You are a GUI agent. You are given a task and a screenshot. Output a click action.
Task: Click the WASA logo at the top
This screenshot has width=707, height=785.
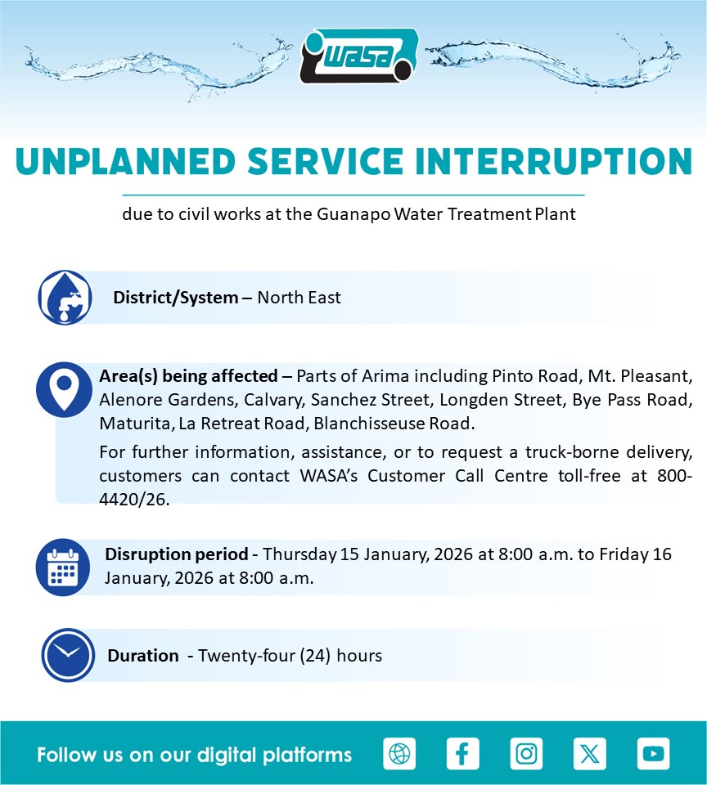click(x=358, y=56)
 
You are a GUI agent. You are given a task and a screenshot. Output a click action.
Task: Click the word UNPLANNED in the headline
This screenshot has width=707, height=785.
click(x=126, y=162)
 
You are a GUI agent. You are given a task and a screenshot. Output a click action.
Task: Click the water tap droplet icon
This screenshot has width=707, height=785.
click(x=65, y=298)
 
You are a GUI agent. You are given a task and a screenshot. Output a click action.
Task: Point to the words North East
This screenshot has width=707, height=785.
click(x=299, y=298)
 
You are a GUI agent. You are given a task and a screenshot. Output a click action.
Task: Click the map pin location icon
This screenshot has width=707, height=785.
click(x=64, y=389)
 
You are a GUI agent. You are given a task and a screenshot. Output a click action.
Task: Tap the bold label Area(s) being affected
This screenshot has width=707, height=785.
click(x=188, y=376)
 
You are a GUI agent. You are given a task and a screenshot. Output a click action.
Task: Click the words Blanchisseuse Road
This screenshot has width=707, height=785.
click(x=394, y=424)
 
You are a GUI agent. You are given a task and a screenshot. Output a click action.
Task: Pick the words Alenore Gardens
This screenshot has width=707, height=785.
click(x=166, y=400)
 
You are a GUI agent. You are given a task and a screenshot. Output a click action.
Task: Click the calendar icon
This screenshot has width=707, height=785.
click(x=63, y=567)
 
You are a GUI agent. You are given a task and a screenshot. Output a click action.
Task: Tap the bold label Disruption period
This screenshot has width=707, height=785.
click(x=177, y=554)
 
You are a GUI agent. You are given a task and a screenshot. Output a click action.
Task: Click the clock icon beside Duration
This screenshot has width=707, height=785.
click(x=68, y=655)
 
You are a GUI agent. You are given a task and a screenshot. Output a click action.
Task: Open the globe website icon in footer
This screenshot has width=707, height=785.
click(x=399, y=753)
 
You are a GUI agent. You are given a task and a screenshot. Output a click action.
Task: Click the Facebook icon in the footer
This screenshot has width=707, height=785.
click(x=463, y=753)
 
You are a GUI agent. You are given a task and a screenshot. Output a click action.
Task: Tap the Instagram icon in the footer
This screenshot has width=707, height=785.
click(x=526, y=753)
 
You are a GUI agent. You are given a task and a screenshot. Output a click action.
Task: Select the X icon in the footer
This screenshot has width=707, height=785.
click(x=590, y=753)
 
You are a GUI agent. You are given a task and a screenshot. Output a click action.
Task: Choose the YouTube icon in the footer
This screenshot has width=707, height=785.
click(x=653, y=753)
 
